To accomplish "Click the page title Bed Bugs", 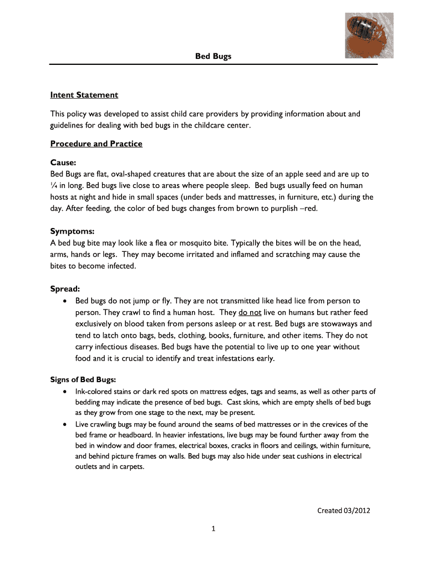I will pyautogui.click(x=213, y=56).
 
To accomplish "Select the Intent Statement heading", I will pyautogui.click(x=84, y=95).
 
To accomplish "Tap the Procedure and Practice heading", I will pyautogui.click(x=96, y=144).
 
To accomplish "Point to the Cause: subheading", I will pyautogui.click(x=63, y=163).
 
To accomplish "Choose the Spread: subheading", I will pyautogui.click(x=65, y=289).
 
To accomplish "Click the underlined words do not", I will pyautogui.click(x=250, y=313).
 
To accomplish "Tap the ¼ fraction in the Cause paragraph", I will pyautogui.click(x=54, y=185).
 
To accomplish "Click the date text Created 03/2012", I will pyautogui.click(x=343, y=510).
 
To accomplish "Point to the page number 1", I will pyautogui.click(x=213, y=529).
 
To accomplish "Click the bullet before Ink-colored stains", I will pyautogui.click(x=65, y=392).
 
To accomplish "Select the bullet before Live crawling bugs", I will pyautogui.click(x=65, y=424).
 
